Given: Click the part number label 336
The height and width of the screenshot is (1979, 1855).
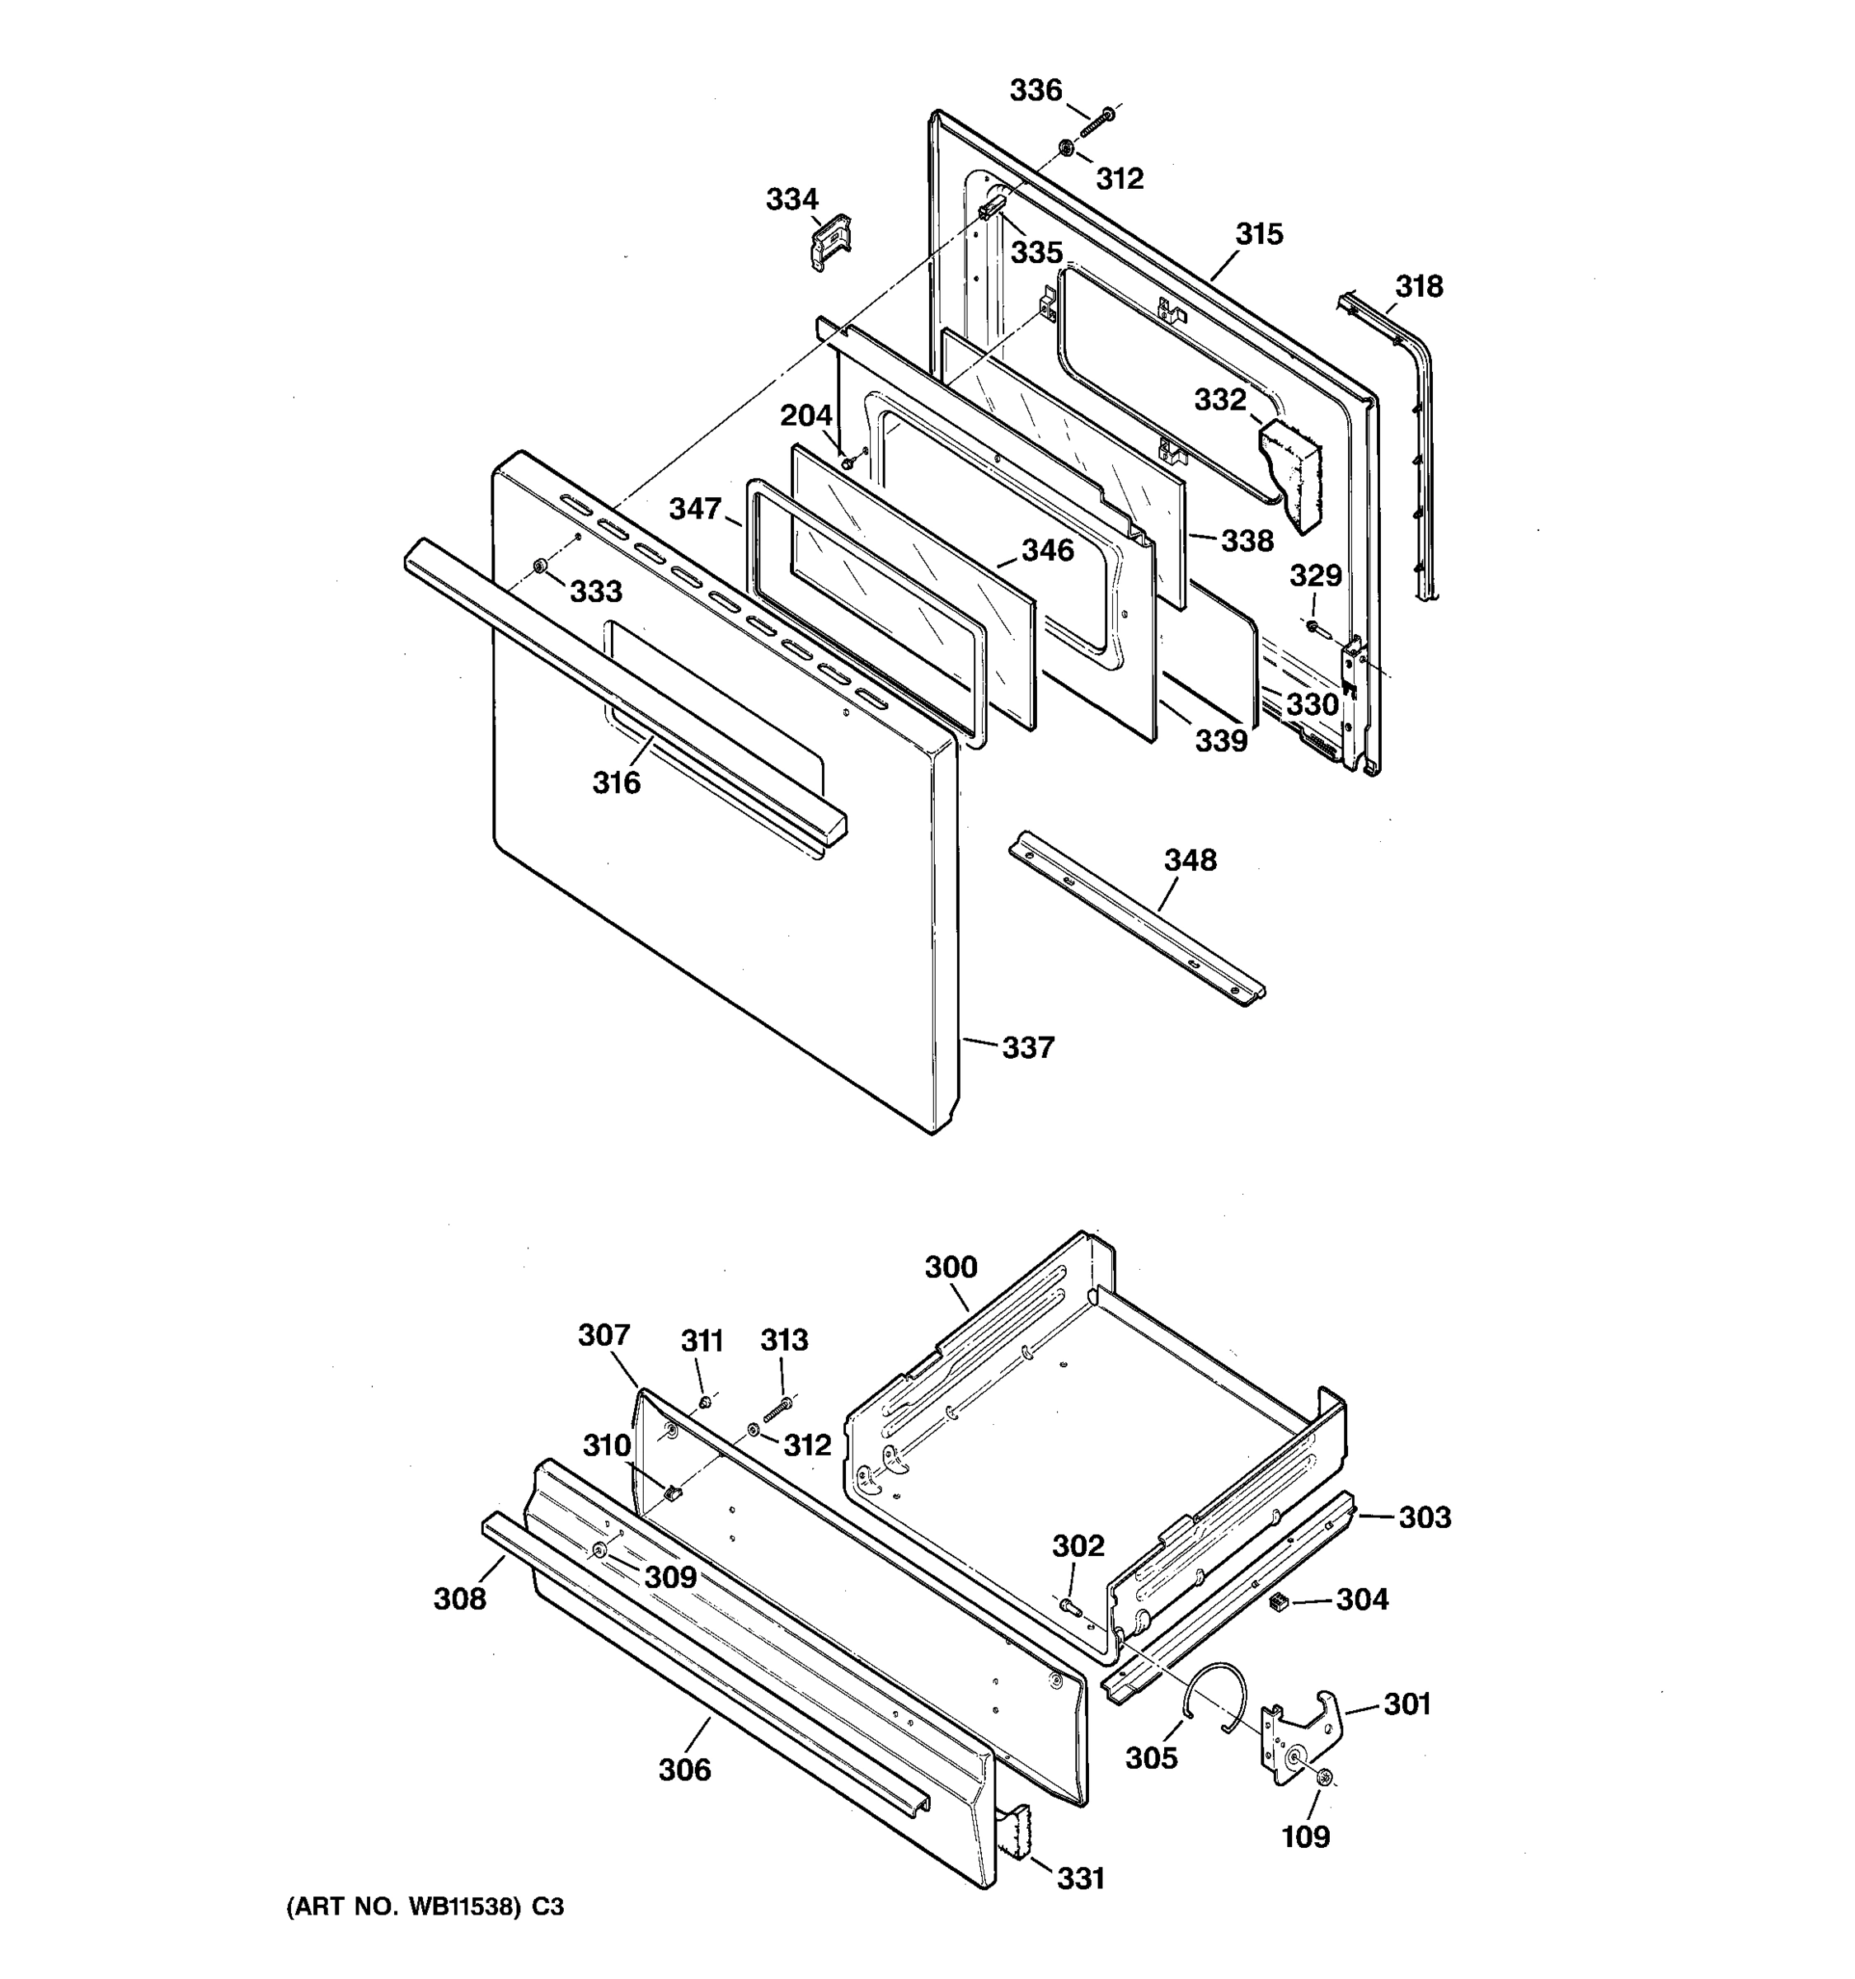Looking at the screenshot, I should [x=1036, y=91].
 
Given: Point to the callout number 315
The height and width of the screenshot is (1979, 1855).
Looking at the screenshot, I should [x=1259, y=234].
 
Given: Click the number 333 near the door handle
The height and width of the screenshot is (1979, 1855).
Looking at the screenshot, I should [x=595, y=591].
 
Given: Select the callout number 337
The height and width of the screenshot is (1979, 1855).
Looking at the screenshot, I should [x=1027, y=1047].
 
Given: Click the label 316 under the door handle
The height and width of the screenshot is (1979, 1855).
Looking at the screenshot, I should [x=616, y=783].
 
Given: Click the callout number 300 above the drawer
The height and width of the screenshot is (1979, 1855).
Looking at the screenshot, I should [x=951, y=1267].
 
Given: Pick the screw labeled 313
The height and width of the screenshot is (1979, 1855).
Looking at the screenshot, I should [x=777, y=1408].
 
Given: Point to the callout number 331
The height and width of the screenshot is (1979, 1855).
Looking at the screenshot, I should [x=1080, y=1878].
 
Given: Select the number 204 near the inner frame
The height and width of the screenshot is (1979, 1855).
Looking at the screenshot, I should [x=805, y=415].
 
